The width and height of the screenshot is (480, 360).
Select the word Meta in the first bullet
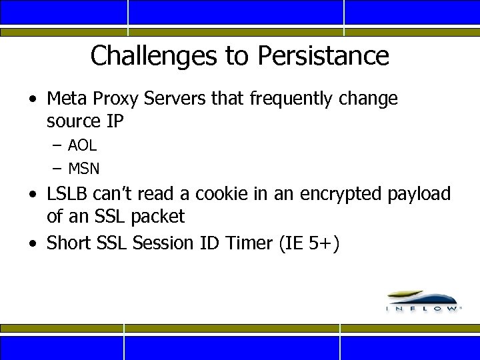(x=65, y=99)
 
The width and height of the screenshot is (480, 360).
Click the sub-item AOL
(x=82, y=145)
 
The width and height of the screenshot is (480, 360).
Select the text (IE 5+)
(x=310, y=243)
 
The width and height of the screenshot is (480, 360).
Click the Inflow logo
(x=422, y=301)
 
